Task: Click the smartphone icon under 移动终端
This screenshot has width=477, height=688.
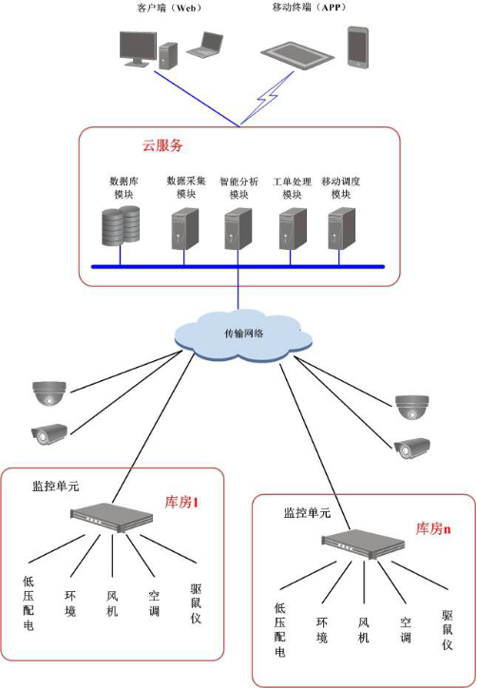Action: tap(357, 48)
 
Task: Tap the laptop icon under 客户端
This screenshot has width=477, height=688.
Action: tap(204, 45)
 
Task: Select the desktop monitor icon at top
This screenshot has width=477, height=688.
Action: tap(138, 48)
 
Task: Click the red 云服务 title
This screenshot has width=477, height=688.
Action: tap(162, 145)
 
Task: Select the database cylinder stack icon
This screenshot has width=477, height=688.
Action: tap(121, 225)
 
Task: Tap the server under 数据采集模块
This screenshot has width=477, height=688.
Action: tap(184, 229)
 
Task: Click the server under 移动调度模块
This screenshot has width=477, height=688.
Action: tap(342, 229)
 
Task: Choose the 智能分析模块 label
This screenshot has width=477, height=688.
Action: tap(238, 188)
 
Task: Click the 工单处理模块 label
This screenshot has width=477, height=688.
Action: tap(292, 188)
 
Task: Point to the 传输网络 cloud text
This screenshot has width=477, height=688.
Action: tap(244, 334)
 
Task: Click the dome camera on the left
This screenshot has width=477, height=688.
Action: tap(49, 392)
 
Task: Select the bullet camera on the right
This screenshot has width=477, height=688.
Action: tap(411, 449)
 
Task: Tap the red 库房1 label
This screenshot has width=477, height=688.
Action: tap(181, 502)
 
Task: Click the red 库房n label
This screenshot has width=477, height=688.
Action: tap(433, 528)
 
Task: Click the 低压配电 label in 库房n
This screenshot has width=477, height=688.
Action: tap(280, 630)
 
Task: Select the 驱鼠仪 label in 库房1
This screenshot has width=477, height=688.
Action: tap(196, 603)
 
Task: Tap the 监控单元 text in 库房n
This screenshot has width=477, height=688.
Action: tap(307, 512)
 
